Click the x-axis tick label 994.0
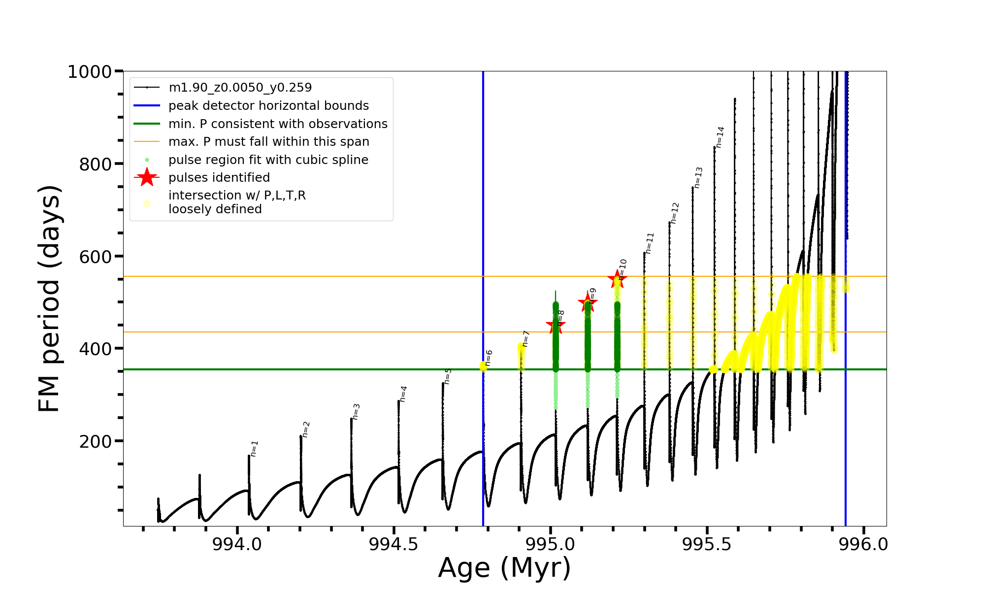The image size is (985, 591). [x=237, y=544]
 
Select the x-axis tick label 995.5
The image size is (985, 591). [x=707, y=544]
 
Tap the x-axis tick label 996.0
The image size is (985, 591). [x=863, y=544]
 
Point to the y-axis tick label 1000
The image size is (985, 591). [x=90, y=72]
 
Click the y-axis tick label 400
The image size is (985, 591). [x=96, y=349]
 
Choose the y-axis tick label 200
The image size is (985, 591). [x=96, y=441]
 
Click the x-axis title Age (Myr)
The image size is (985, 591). [x=504, y=568]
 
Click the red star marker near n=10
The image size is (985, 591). [x=617, y=279]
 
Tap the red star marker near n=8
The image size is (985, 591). [x=556, y=325]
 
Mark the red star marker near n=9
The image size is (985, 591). [x=587, y=303]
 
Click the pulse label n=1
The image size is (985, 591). [x=254, y=449]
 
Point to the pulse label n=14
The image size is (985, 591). [x=720, y=137]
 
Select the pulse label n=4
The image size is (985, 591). [x=403, y=394]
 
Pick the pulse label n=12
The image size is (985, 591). [x=675, y=213]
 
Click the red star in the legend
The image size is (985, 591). [x=147, y=178]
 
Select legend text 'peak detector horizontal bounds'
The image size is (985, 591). [x=268, y=106]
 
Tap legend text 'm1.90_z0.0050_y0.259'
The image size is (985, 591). [x=240, y=88]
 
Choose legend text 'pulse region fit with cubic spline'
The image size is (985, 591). [x=268, y=160]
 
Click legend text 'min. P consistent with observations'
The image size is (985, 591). [x=278, y=124]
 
